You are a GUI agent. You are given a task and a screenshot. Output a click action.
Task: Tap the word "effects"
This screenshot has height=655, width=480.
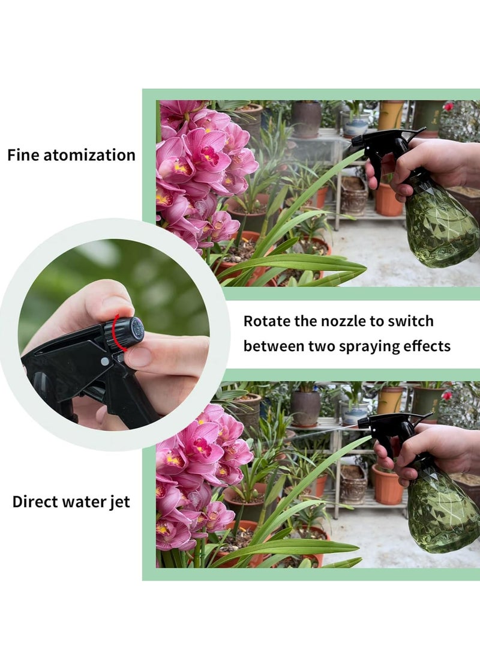tap(427, 346)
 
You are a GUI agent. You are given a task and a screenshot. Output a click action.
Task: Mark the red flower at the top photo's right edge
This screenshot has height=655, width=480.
tap(448, 107)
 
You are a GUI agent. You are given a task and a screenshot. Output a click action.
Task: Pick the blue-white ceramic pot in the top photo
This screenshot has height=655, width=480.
tap(356, 124)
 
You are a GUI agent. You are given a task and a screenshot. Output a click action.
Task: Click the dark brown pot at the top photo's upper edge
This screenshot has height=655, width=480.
tap(306, 118)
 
